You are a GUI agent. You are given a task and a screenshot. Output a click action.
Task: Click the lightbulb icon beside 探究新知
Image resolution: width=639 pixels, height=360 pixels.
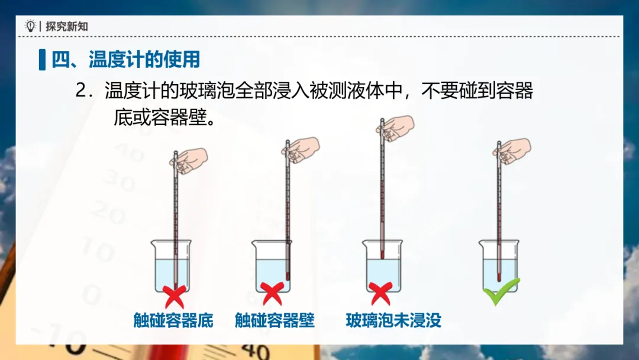[x=30, y=26]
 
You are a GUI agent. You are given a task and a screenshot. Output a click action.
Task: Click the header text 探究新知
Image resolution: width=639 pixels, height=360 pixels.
[x=67, y=27]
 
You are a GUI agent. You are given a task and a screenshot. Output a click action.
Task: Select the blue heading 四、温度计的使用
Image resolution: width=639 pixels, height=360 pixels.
[x=125, y=60]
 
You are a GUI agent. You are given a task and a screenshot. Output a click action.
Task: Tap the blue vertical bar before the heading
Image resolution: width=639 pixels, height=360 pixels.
[x=42, y=60]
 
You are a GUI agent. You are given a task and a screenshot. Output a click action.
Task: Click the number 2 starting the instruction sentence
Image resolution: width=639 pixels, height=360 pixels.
[x=82, y=91]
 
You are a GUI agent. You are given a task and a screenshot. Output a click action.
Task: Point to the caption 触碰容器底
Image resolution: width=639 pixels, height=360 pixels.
[x=173, y=320]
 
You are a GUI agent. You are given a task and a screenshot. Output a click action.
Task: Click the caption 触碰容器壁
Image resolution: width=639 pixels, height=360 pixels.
[x=275, y=320]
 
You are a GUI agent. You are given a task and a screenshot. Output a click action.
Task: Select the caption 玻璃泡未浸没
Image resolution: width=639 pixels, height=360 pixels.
[x=393, y=320]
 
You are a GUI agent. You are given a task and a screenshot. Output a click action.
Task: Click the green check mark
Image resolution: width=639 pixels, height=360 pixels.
[x=501, y=291]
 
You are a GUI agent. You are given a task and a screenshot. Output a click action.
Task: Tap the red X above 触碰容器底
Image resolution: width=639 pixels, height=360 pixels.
[x=175, y=297]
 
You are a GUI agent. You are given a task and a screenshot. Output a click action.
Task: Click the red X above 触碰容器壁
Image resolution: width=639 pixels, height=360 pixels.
[x=272, y=294]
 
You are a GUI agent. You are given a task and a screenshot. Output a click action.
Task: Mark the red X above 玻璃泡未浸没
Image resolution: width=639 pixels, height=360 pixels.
[x=380, y=294]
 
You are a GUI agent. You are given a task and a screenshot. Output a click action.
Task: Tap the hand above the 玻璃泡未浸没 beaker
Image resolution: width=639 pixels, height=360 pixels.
[x=395, y=128]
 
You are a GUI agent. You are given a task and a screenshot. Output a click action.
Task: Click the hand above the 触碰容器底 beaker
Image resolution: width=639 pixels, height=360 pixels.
[x=189, y=161]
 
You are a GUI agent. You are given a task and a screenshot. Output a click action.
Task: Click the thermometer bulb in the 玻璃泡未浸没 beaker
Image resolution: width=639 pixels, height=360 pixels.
[x=382, y=255]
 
